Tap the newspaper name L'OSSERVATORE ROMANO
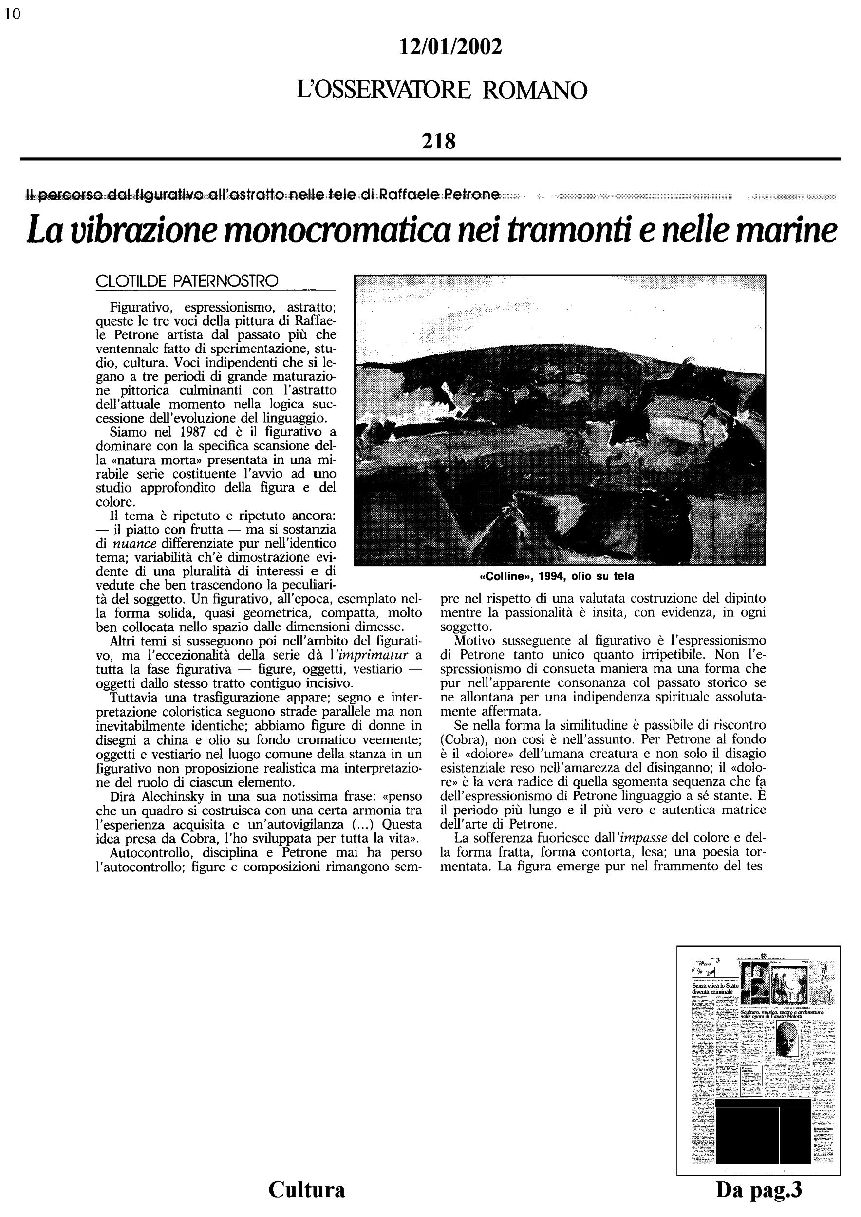pos(442,90)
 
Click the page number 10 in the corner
pos(12,14)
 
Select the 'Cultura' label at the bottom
pos(306,1189)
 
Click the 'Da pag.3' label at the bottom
pos(759,1189)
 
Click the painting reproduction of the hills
pos(560,420)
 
